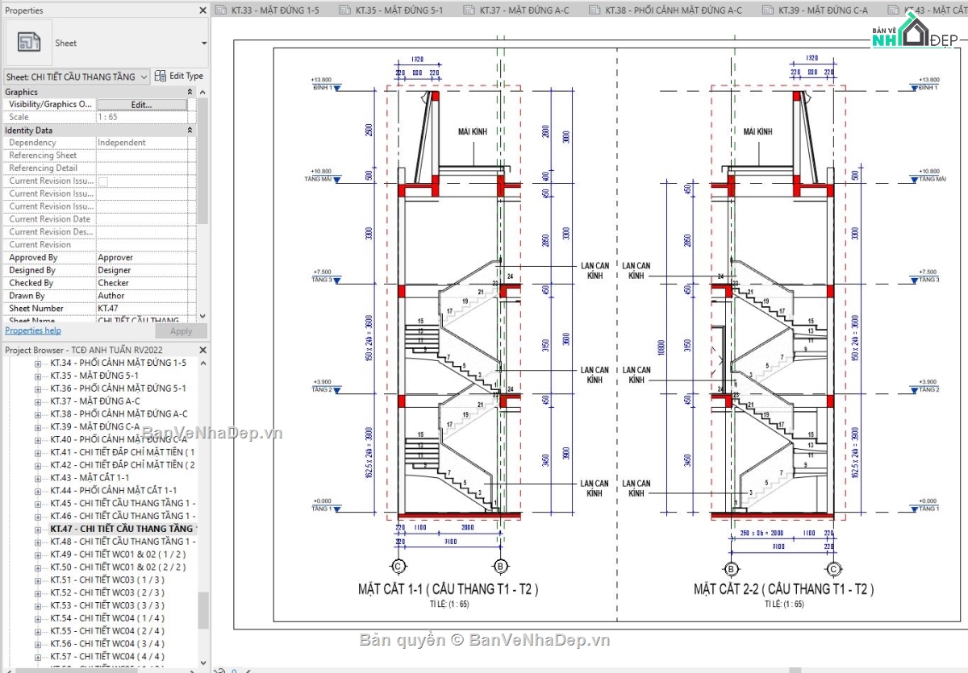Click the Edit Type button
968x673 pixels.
(x=179, y=76)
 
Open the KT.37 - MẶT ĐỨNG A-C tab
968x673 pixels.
(x=516, y=10)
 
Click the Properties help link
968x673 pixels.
(x=33, y=330)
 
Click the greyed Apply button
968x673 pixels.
(x=181, y=331)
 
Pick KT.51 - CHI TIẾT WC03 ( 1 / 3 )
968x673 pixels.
(x=106, y=580)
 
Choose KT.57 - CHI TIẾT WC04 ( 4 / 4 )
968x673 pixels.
(x=106, y=656)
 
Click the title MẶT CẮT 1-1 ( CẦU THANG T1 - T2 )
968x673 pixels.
(x=448, y=589)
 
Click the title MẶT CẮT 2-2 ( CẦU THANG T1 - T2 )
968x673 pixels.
(x=783, y=589)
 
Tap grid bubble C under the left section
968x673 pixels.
(x=398, y=567)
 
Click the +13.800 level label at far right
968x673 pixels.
(x=928, y=81)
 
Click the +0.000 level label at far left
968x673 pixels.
(x=320, y=501)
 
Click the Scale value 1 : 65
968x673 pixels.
(x=108, y=117)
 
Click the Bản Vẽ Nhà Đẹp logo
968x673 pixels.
(x=912, y=36)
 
